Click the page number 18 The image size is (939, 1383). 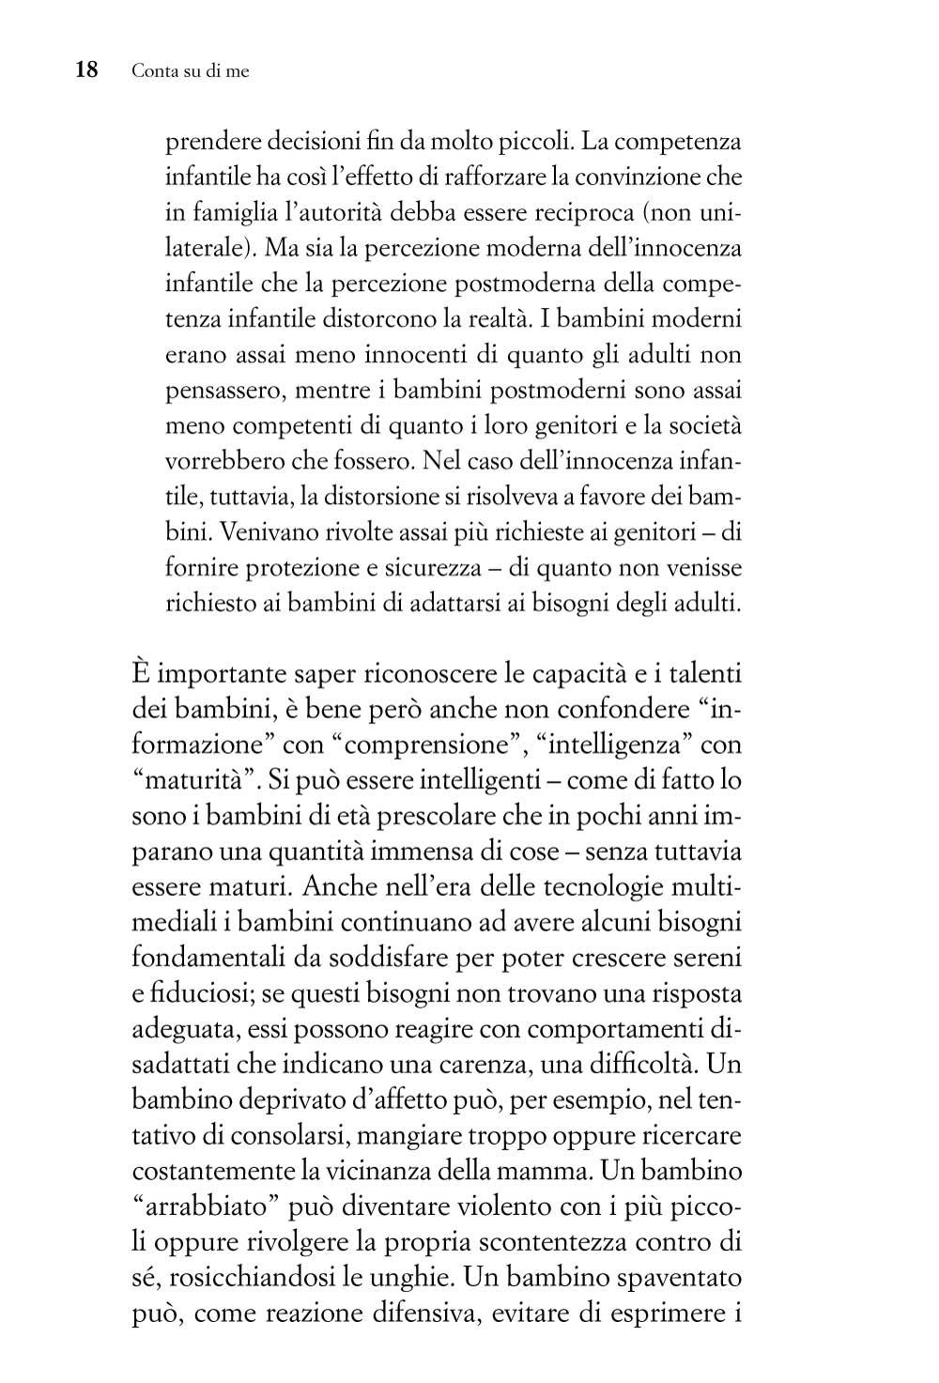(x=85, y=70)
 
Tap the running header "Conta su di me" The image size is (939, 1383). (x=191, y=71)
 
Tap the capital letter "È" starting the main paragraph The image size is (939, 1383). (x=142, y=674)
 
